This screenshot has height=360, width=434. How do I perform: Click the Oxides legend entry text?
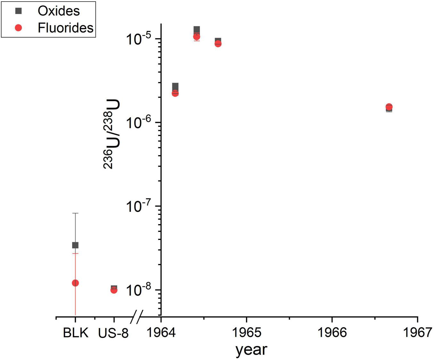coord(59,11)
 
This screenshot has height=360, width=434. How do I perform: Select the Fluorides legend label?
coord(65,28)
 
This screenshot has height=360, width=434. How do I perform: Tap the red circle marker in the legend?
coord(19,28)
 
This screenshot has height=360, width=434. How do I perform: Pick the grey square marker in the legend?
coord(19,11)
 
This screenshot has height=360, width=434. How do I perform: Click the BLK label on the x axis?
coord(75,333)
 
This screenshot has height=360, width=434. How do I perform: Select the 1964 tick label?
coord(161,333)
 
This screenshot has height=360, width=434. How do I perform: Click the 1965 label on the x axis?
coord(246,333)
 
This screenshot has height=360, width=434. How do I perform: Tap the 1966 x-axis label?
coord(332,333)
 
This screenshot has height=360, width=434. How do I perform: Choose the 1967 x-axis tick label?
coord(418,333)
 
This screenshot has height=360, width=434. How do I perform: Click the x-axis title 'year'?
coord(251,349)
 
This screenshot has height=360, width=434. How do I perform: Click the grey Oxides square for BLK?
coord(75,245)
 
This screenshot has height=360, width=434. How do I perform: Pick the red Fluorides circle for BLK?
coord(75,283)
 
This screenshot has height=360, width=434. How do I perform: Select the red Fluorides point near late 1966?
coord(389,107)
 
